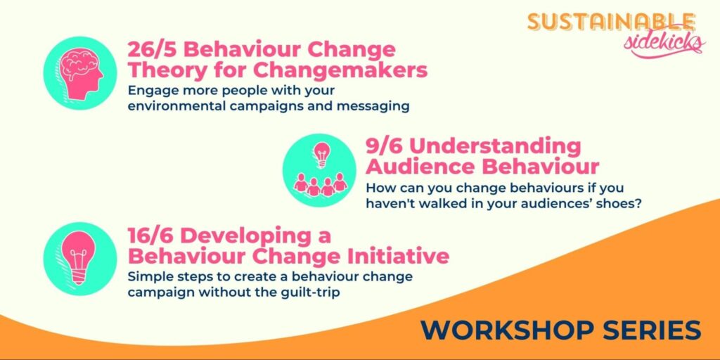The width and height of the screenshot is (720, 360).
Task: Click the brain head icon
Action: [x=80, y=73]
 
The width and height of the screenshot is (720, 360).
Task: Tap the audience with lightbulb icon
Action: [x=320, y=170]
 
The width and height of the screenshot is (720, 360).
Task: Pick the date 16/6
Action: [x=154, y=236]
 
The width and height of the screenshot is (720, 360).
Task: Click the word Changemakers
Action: [x=340, y=71]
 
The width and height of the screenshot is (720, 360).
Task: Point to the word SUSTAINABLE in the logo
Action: [x=611, y=22]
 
